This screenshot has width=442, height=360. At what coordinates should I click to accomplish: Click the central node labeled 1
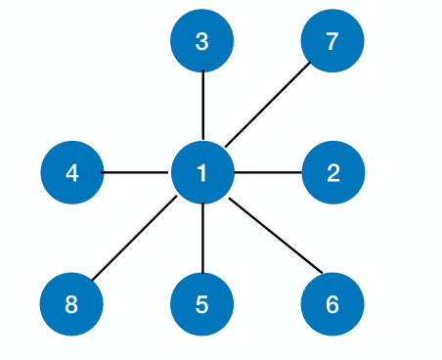click(202, 173)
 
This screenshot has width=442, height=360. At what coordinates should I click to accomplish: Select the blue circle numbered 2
click(333, 173)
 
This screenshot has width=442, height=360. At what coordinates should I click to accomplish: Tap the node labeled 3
click(202, 42)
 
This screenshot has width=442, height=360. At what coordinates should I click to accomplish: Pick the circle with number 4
click(71, 173)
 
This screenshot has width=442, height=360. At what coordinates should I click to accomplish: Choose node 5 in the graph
click(202, 304)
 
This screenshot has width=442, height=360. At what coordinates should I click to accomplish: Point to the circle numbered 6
click(332, 304)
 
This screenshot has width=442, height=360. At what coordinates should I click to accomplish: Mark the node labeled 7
click(332, 42)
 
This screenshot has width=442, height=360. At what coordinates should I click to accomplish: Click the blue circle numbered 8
click(71, 304)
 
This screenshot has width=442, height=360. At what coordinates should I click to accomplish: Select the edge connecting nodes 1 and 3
click(202, 108)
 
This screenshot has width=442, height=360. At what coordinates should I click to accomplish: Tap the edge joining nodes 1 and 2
click(268, 173)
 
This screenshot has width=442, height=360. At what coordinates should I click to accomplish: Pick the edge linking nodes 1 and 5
click(202, 239)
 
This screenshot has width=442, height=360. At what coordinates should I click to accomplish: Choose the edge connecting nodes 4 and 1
click(137, 173)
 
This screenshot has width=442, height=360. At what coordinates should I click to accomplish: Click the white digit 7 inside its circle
click(332, 42)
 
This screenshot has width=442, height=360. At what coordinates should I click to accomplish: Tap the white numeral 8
click(71, 304)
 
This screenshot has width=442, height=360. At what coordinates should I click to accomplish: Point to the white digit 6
click(332, 304)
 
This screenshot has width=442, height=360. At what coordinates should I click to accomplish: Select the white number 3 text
click(202, 42)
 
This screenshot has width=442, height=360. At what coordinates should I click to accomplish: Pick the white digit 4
click(71, 173)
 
